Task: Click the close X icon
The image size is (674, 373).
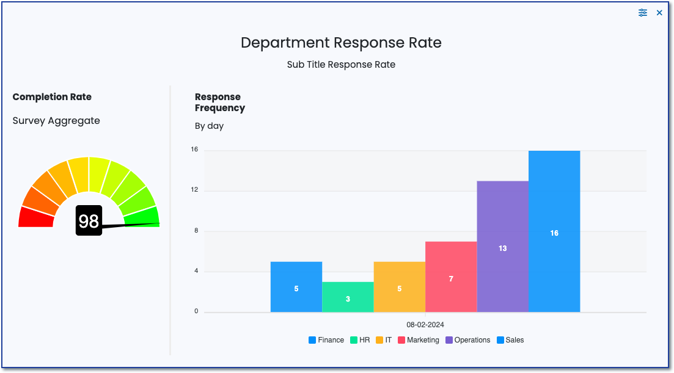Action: tap(659, 13)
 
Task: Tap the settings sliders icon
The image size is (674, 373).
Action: tap(643, 13)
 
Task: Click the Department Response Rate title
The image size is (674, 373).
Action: tap(341, 43)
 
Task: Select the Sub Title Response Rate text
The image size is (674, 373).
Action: tap(341, 65)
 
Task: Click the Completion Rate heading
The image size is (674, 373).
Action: tap(52, 97)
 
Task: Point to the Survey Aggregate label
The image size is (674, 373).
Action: tap(56, 121)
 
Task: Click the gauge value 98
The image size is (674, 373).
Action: tap(89, 220)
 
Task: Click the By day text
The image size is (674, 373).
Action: tap(209, 126)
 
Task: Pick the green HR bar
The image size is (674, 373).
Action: tap(348, 297)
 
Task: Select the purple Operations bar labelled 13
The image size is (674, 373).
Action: tap(502, 247)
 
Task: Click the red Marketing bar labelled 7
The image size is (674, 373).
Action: tap(451, 277)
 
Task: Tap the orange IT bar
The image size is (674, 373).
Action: tap(399, 287)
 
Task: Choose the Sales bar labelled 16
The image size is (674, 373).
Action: tap(554, 231)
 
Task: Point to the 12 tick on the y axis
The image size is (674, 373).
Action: tap(195, 190)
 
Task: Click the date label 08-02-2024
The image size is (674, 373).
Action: tap(425, 325)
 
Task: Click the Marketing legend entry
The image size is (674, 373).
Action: tap(419, 340)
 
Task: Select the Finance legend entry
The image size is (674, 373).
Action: tap(326, 340)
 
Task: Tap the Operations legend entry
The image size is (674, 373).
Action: tap(468, 340)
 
